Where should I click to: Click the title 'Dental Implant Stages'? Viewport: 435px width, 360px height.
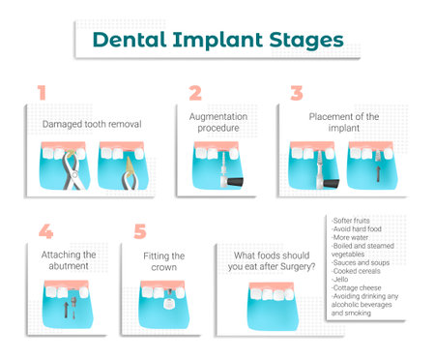click(217, 40)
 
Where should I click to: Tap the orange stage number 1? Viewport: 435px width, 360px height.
click(41, 93)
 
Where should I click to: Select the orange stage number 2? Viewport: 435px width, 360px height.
click(194, 93)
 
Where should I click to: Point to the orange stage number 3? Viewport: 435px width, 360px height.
click(297, 93)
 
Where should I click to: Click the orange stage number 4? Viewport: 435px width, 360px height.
click(44, 232)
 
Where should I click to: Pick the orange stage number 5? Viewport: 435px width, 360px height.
click(140, 232)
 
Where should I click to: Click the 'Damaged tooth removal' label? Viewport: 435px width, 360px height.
click(92, 125)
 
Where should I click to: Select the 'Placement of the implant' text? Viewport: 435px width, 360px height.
click(344, 123)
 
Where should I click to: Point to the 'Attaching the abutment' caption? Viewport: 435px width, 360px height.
click(69, 261)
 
